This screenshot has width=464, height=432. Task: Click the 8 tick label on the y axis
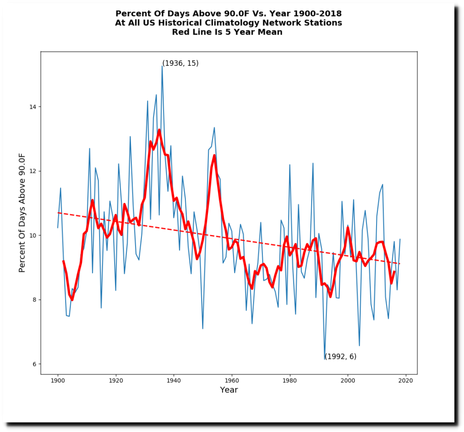pos(36,299)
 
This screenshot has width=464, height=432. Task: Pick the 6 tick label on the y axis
pos(36,364)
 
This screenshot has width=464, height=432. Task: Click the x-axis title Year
pos(229,390)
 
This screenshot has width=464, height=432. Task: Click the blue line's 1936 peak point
pos(162,66)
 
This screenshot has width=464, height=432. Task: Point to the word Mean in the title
pos(271,32)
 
